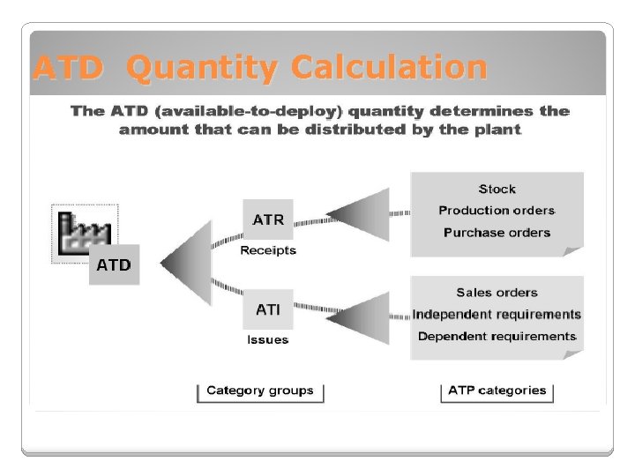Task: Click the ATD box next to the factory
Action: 114,264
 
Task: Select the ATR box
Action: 268,220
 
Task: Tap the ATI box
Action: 268,309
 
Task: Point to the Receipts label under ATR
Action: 268,250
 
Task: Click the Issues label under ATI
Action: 267,339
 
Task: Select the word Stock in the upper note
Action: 497,189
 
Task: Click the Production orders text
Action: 497,211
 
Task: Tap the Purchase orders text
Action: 497,233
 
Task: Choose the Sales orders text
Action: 497,293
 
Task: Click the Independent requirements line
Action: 497,315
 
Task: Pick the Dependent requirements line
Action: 497,337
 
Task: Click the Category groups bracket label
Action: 259,390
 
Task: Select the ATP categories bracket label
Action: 497,390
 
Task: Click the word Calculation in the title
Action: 389,68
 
